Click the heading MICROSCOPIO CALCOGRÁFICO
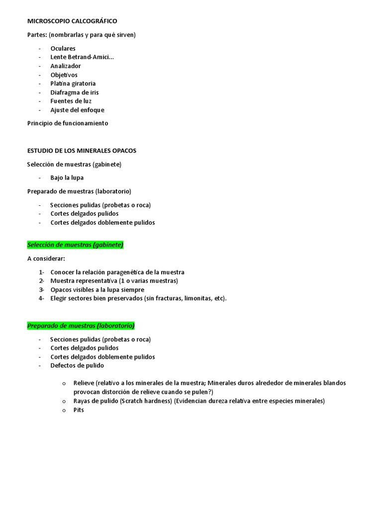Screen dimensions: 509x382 (72, 21)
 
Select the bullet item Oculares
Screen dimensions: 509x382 (63, 48)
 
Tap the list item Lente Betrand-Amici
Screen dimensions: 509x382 (82, 57)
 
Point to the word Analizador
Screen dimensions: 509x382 (65, 66)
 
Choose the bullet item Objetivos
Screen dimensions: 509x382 (64, 75)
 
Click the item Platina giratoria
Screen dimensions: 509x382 (73, 84)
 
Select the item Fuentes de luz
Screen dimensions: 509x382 (71, 101)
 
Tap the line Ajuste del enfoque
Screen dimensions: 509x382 (77, 110)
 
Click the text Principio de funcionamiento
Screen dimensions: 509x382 (68, 123)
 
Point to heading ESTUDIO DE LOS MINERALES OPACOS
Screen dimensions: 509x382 (82, 150)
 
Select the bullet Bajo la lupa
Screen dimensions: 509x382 (67, 177)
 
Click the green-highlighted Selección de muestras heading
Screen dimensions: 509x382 (75, 245)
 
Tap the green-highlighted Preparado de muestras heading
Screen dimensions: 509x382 (81, 326)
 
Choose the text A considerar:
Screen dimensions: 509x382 (46, 258)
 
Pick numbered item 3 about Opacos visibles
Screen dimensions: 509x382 (97, 290)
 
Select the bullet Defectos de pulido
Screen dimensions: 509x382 (77, 365)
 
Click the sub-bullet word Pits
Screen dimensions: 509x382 (79, 410)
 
